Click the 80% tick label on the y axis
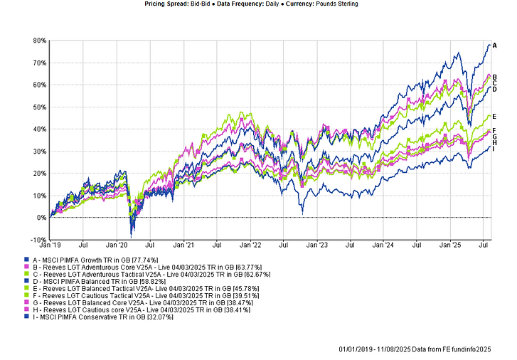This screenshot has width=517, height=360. click(38, 41)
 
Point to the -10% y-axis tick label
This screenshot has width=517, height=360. click(38, 240)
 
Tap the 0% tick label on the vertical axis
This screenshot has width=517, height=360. click(41, 218)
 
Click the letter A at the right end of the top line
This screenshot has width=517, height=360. click(495, 46)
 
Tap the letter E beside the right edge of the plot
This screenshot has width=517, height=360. click(495, 116)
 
